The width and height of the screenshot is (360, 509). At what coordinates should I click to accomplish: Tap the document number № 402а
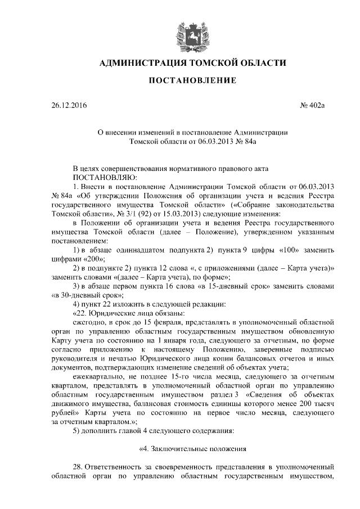(x=313, y=105)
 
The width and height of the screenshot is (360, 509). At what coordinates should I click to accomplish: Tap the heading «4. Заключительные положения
(x=193, y=448)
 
